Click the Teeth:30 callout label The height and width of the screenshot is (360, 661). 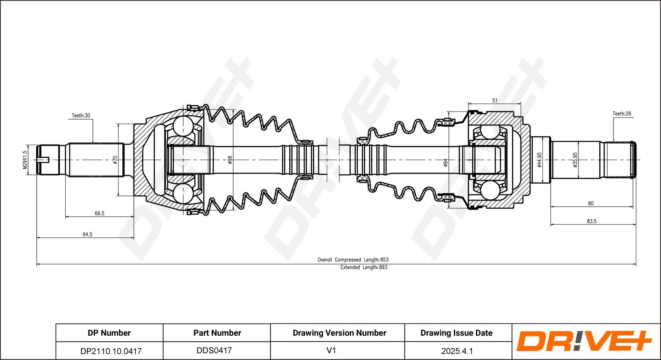pyautogui.click(x=81, y=116)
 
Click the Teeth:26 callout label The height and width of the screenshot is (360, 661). pyautogui.click(x=622, y=114)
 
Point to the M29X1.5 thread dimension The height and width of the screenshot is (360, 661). pyautogui.click(x=25, y=160)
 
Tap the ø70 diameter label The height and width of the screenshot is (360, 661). pyautogui.click(x=115, y=160)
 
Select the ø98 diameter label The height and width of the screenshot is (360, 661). pyautogui.click(x=230, y=160)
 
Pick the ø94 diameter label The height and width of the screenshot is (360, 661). pyautogui.click(x=446, y=163)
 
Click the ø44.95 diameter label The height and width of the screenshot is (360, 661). pyautogui.click(x=540, y=160)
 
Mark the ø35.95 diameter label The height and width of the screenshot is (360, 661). pyautogui.click(x=575, y=160)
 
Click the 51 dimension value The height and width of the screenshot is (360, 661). pyautogui.click(x=495, y=101)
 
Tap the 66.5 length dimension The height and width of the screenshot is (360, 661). pyautogui.click(x=100, y=213)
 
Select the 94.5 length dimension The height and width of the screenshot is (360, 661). pyautogui.click(x=87, y=234)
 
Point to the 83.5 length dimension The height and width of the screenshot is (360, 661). pyautogui.click(x=592, y=221)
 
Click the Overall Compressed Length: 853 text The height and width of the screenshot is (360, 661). pyautogui.click(x=353, y=260)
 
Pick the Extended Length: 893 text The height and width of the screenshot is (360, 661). pyautogui.click(x=364, y=268)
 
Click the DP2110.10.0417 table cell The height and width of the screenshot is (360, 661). pyautogui.click(x=111, y=351)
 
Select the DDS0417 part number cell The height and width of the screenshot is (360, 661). pyautogui.click(x=214, y=351)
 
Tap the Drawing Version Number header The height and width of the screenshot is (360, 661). pyautogui.click(x=339, y=333)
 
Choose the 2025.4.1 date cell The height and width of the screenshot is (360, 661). pyautogui.click(x=457, y=351)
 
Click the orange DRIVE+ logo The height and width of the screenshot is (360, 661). pyautogui.click(x=583, y=341)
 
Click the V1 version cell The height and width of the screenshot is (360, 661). pyautogui.click(x=331, y=350)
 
